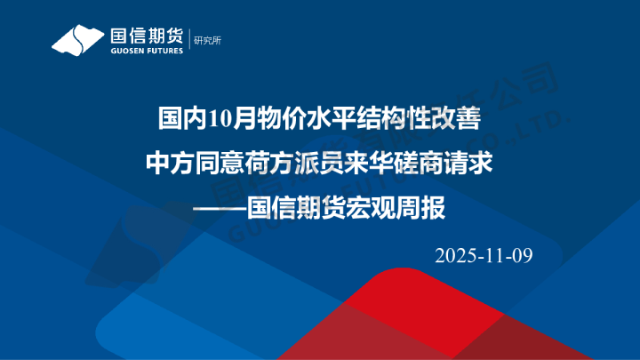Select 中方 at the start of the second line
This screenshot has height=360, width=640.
[x=167, y=164]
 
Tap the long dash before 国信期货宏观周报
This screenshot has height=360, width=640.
[x=219, y=211]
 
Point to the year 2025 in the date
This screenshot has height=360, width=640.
[x=455, y=256]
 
